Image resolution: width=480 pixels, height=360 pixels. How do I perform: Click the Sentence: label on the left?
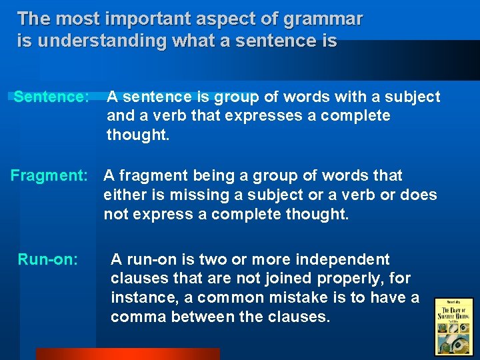click(x=51, y=97)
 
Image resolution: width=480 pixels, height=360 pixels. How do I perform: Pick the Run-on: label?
click(x=48, y=259)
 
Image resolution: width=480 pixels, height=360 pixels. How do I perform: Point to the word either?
click(x=123, y=195)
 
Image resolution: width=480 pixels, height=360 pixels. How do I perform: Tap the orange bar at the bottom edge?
click(x=127, y=354)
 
